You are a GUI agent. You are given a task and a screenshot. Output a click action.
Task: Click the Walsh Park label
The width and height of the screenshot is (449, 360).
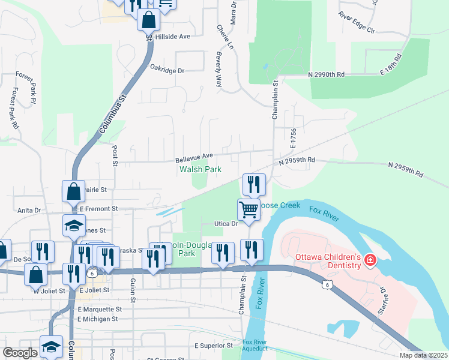(x=200, y=170)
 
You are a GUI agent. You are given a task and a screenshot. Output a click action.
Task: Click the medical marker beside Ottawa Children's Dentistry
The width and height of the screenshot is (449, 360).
(x=370, y=260)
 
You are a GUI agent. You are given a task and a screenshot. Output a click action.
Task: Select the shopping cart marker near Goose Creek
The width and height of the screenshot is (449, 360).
(x=249, y=209)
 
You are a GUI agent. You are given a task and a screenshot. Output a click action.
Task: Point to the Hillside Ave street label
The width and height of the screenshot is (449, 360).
(x=172, y=37)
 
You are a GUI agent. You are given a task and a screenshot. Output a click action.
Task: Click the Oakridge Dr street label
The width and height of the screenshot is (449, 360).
(x=167, y=70)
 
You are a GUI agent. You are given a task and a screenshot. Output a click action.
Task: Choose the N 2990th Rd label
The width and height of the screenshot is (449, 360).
(x=326, y=74)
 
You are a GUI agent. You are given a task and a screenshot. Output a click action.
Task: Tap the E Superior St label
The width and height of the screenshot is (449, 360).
(x=214, y=346)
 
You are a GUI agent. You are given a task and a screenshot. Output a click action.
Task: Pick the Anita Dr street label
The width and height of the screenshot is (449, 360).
(x=29, y=211)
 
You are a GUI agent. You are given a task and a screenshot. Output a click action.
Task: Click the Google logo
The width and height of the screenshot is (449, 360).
(x=20, y=353)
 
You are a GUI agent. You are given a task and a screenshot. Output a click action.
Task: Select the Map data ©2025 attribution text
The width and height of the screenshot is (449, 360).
(x=423, y=355)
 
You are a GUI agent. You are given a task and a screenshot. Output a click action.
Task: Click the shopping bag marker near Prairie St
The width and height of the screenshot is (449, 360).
(x=73, y=191)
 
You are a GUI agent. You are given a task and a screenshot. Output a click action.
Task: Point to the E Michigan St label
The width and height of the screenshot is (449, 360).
(x=99, y=319)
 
